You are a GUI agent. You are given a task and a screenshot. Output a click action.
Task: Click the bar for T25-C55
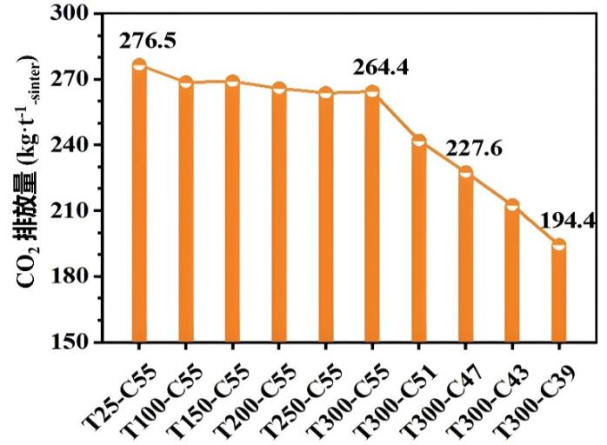tap(139, 204)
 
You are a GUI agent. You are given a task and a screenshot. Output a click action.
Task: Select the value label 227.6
tap(474, 149)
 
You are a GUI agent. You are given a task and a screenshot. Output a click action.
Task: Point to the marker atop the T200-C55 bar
tap(279, 88)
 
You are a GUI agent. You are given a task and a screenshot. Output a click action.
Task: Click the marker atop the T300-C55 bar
tap(372, 92)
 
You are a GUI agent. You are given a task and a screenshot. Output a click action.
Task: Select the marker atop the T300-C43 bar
tap(512, 205)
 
